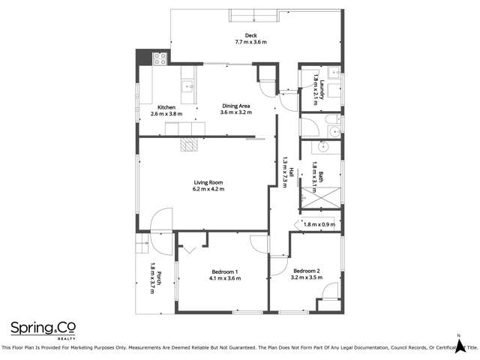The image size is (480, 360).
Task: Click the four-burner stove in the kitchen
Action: [x=160, y=57]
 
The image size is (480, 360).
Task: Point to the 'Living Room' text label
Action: [x=208, y=182]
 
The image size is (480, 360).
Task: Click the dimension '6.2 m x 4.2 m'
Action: [x=208, y=189]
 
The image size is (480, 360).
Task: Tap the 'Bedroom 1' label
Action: [x=224, y=271]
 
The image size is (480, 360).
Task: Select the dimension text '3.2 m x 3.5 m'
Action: [x=307, y=277]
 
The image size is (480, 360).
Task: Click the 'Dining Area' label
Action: [x=236, y=106]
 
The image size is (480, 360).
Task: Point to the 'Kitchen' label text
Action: [x=166, y=107]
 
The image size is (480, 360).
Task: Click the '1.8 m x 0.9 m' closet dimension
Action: [x=319, y=223]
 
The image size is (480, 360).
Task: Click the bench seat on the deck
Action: [x=253, y=15]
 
